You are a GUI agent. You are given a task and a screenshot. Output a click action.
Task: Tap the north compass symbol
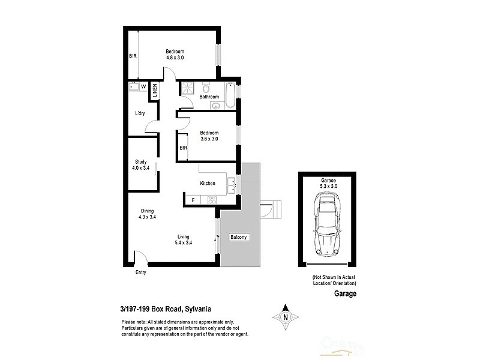pyautogui.click(x=286, y=317)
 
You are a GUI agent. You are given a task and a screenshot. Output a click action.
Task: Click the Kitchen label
pyautogui.click(x=208, y=184)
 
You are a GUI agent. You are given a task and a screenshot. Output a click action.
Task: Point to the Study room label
pyautogui.click(x=140, y=161)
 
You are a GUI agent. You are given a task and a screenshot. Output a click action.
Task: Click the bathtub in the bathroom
pyautogui.click(x=230, y=95)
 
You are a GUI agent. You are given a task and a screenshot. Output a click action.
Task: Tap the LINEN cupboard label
pyautogui.click(x=155, y=91)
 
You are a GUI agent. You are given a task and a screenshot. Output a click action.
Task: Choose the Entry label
pyautogui.click(x=140, y=273)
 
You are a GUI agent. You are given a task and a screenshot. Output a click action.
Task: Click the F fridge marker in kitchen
pyautogui.click(x=193, y=200)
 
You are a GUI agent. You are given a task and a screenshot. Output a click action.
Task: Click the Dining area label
pyautogui.click(x=148, y=211)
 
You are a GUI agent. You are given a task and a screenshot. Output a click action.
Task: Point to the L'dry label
pyautogui.click(x=140, y=113)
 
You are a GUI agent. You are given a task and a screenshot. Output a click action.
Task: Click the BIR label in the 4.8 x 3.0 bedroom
pyautogui.click(x=133, y=56)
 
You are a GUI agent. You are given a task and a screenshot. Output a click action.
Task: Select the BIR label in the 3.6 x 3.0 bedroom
pyautogui.click(x=183, y=148)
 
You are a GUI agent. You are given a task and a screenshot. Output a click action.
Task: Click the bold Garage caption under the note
pyautogui.click(x=345, y=294)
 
